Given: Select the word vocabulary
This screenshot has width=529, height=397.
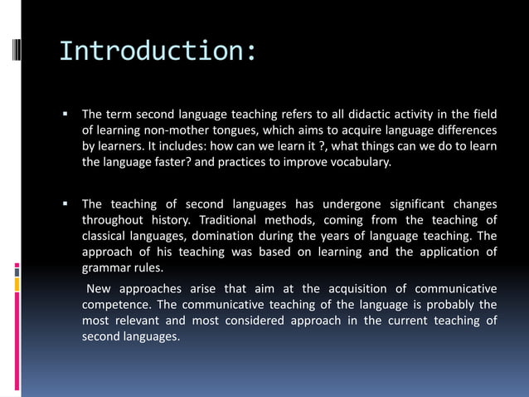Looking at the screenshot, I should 357,162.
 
